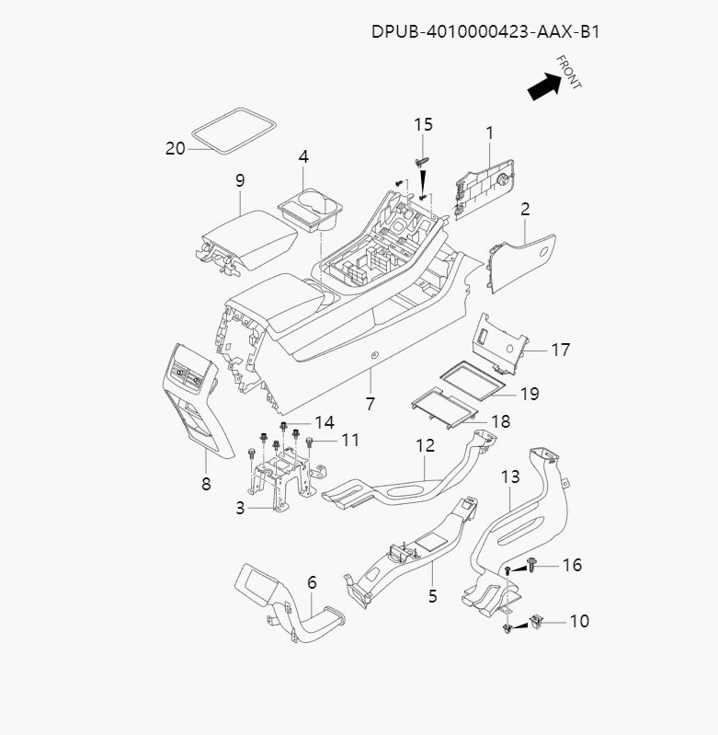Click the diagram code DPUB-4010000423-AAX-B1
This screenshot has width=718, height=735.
point(486,31)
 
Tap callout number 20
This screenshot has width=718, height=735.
point(176,148)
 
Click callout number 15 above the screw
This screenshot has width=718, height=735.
point(422,125)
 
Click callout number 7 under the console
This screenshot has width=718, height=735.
point(370,404)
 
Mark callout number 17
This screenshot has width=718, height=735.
point(561,350)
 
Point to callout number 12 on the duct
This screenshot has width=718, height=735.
point(425,445)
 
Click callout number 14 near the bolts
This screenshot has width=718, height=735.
point(325,422)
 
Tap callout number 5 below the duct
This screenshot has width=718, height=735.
point(432,596)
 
